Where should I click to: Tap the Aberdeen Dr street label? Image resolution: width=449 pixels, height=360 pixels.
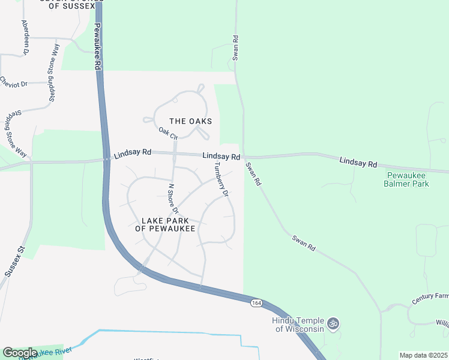[x=26, y=37]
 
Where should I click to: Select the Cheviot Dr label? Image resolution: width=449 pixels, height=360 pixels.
[x=14, y=81]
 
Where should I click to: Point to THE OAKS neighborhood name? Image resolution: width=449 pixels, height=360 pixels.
[x=191, y=121]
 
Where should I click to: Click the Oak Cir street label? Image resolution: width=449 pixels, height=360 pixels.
[x=169, y=133]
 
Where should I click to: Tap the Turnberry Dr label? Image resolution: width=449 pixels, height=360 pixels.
[x=222, y=179]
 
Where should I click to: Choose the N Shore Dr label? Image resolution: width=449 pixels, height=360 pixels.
[x=173, y=198]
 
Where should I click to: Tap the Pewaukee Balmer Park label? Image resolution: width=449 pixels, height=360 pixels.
[x=406, y=180]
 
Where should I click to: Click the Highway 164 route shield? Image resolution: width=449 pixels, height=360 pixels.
[x=256, y=304]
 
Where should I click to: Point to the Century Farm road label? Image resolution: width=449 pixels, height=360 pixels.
[x=430, y=298]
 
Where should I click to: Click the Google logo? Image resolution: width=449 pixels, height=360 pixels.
[x=20, y=353]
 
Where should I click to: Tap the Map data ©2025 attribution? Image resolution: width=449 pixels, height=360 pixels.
[x=423, y=355]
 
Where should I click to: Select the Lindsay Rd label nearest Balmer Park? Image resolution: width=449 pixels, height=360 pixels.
[x=358, y=163]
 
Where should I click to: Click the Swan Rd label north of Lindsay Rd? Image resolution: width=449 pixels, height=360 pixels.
[x=236, y=48]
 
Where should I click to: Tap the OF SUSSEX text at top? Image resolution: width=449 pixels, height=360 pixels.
[x=67, y=6]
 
